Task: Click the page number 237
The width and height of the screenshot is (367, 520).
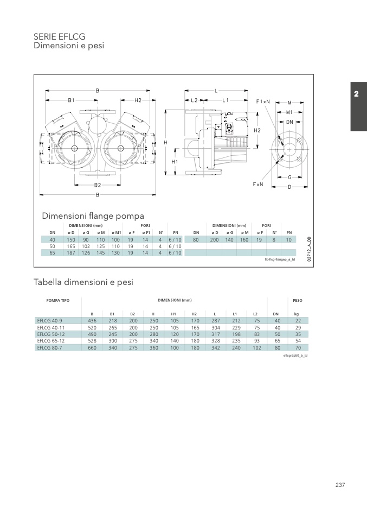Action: tap(340, 485)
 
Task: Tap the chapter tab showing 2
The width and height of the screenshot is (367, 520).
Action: tap(356, 94)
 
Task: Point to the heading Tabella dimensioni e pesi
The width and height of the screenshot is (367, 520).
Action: tap(83, 282)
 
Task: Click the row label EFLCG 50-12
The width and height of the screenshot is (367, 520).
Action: tap(50, 334)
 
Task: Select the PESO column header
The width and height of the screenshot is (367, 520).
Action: tap(297, 300)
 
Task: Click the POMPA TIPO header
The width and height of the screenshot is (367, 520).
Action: tap(57, 300)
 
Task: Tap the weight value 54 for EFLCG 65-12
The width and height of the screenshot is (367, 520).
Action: tap(297, 341)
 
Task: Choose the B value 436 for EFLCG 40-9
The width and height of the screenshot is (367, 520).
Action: tap(92, 321)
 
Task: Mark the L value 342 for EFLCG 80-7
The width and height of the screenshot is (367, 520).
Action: tap(215, 347)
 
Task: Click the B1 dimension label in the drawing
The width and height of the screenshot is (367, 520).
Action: tap(71, 100)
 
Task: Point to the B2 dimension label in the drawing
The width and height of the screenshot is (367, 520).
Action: tap(98, 185)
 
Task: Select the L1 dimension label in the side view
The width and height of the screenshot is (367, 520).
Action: tap(226, 100)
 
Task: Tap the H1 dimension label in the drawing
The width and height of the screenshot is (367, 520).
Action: tap(175, 162)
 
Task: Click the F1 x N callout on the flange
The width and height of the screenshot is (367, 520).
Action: tap(263, 102)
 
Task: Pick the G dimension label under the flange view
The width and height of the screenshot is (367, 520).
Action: tap(290, 177)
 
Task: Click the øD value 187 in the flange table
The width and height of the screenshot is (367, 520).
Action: tap(71, 252)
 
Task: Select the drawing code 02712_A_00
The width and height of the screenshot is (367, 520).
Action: tap(308, 249)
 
